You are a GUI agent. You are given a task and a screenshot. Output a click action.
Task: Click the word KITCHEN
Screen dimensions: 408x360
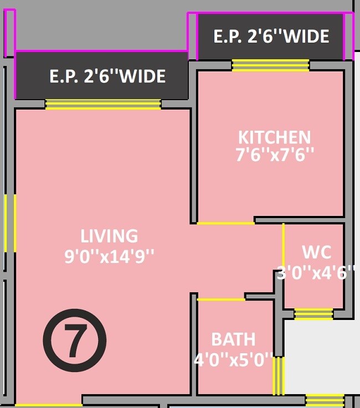[x=274, y=137]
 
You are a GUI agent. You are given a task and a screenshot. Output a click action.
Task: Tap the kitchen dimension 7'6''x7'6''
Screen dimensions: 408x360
[x=275, y=154]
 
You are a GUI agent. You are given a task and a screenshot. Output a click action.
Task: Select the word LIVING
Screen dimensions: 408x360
[x=109, y=236]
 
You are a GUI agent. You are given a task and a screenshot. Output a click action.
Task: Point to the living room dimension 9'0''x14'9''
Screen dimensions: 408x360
[x=109, y=256]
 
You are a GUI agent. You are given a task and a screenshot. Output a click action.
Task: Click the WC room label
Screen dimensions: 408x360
[x=317, y=252]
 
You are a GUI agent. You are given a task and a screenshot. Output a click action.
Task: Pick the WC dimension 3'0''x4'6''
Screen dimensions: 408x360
[x=316, y=272]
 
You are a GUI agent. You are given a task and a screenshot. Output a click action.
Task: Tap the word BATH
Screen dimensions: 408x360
[x=233, y=339]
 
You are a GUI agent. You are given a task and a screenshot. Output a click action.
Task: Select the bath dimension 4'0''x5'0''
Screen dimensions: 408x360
[x=234, y=360]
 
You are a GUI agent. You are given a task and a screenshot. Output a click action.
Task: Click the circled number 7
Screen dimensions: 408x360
[x=74, y=339]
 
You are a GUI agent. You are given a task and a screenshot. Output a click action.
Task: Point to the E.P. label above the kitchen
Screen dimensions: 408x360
[x=271, y=37]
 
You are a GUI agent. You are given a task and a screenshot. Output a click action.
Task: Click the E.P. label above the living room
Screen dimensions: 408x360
[x=107, y=76]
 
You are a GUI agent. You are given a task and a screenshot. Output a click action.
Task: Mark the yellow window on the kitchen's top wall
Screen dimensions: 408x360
[x=270, y=65]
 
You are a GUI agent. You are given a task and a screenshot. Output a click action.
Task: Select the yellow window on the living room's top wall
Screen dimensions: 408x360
[x=103, y=104]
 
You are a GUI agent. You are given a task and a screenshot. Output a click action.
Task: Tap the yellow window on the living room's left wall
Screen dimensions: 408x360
[x=10, y=223]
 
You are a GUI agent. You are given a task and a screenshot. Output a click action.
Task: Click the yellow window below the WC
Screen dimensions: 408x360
[x=313, y=314]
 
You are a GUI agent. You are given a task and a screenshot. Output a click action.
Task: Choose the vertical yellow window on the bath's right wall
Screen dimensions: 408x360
[x=279, y=375]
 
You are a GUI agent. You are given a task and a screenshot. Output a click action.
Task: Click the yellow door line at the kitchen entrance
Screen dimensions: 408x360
[x=225, y=223]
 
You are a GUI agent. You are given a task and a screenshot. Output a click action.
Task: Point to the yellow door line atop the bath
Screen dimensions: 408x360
[x=221, y=299]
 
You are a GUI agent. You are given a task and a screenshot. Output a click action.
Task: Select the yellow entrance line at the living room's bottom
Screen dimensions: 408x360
[x=48, y=405]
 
